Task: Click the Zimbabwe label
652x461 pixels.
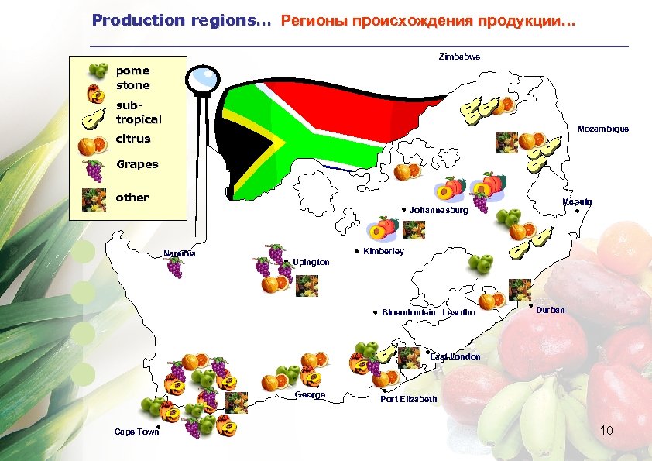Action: [x=458, y=57]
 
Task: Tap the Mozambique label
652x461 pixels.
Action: [x=603, y=129]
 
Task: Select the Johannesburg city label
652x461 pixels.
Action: [x=438, y=210]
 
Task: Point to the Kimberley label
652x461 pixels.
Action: [x=383, y=252]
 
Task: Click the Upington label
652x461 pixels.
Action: [x=311, y=262]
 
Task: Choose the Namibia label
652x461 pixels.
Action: [x=180, y=253]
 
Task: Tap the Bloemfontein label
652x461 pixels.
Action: [x=408, y=312]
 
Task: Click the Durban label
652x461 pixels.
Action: [x=550, y=310]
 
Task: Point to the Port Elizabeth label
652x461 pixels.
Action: [x=408, y=399]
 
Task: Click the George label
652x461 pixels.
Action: [x=310, y=395]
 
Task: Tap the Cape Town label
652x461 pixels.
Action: [x=136, y=432]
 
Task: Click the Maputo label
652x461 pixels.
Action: [x=578, y=201]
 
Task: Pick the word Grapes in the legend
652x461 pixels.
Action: [x=137, y=164]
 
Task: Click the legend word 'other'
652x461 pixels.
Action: [x=132, y=197]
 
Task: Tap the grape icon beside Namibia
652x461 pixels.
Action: [x=175, y=267]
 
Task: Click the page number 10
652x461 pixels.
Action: [x=606, y=429]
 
